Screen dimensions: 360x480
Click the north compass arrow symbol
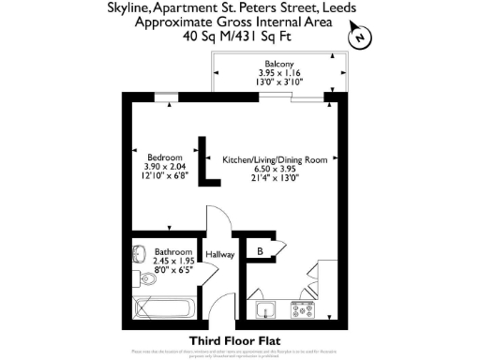click(358, 38)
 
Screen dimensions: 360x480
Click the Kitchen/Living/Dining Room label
click(274, 160)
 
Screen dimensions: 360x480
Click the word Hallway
click(219, 254)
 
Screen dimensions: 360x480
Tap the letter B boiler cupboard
click(259, 250)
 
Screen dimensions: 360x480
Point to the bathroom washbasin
click(139, 251)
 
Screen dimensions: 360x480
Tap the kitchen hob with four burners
click(304, 307)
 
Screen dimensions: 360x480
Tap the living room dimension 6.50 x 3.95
click(274, 170)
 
